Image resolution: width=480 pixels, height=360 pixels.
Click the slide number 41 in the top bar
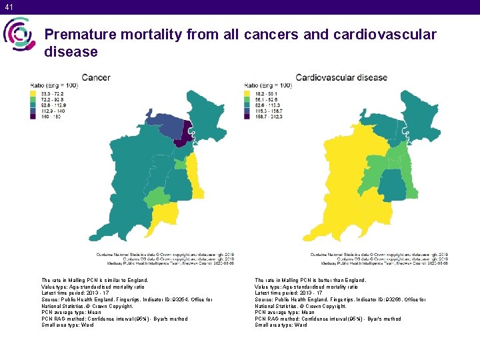point(8,7)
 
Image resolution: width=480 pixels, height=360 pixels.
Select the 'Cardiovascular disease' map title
point(341,77)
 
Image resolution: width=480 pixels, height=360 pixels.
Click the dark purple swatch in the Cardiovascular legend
point(249,115)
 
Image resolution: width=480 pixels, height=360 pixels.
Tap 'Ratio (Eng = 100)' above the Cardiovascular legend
point(269,85)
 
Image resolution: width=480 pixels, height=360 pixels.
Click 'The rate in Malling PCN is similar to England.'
point(95,281)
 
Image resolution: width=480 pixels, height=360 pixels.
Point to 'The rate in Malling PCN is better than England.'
point(311,281)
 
